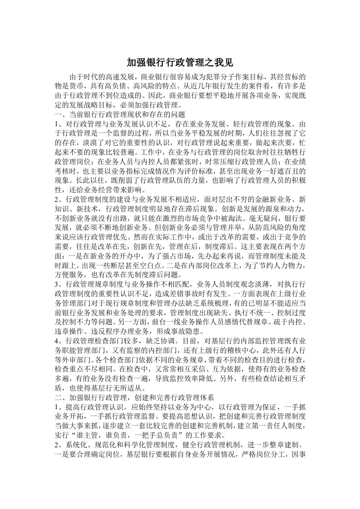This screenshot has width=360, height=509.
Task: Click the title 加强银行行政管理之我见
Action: click(180, 62)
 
